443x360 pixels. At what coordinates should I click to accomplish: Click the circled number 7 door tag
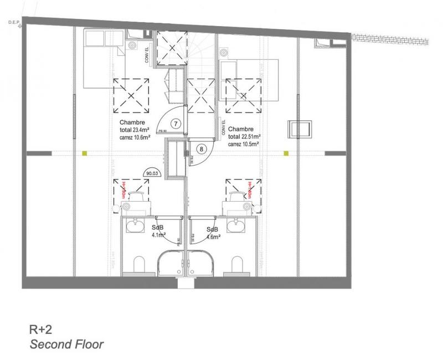[175, 124]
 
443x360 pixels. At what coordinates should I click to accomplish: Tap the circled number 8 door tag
[202, 148]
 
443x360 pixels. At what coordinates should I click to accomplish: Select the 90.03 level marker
[151, 173]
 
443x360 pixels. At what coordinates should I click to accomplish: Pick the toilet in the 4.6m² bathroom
[239, 264]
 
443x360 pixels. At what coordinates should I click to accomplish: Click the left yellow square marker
[85, 152]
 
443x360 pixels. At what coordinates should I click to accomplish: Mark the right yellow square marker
[286, 152]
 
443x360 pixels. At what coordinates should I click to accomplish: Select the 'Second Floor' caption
[66, 344]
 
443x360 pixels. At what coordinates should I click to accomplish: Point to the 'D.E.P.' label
[14, 22]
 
